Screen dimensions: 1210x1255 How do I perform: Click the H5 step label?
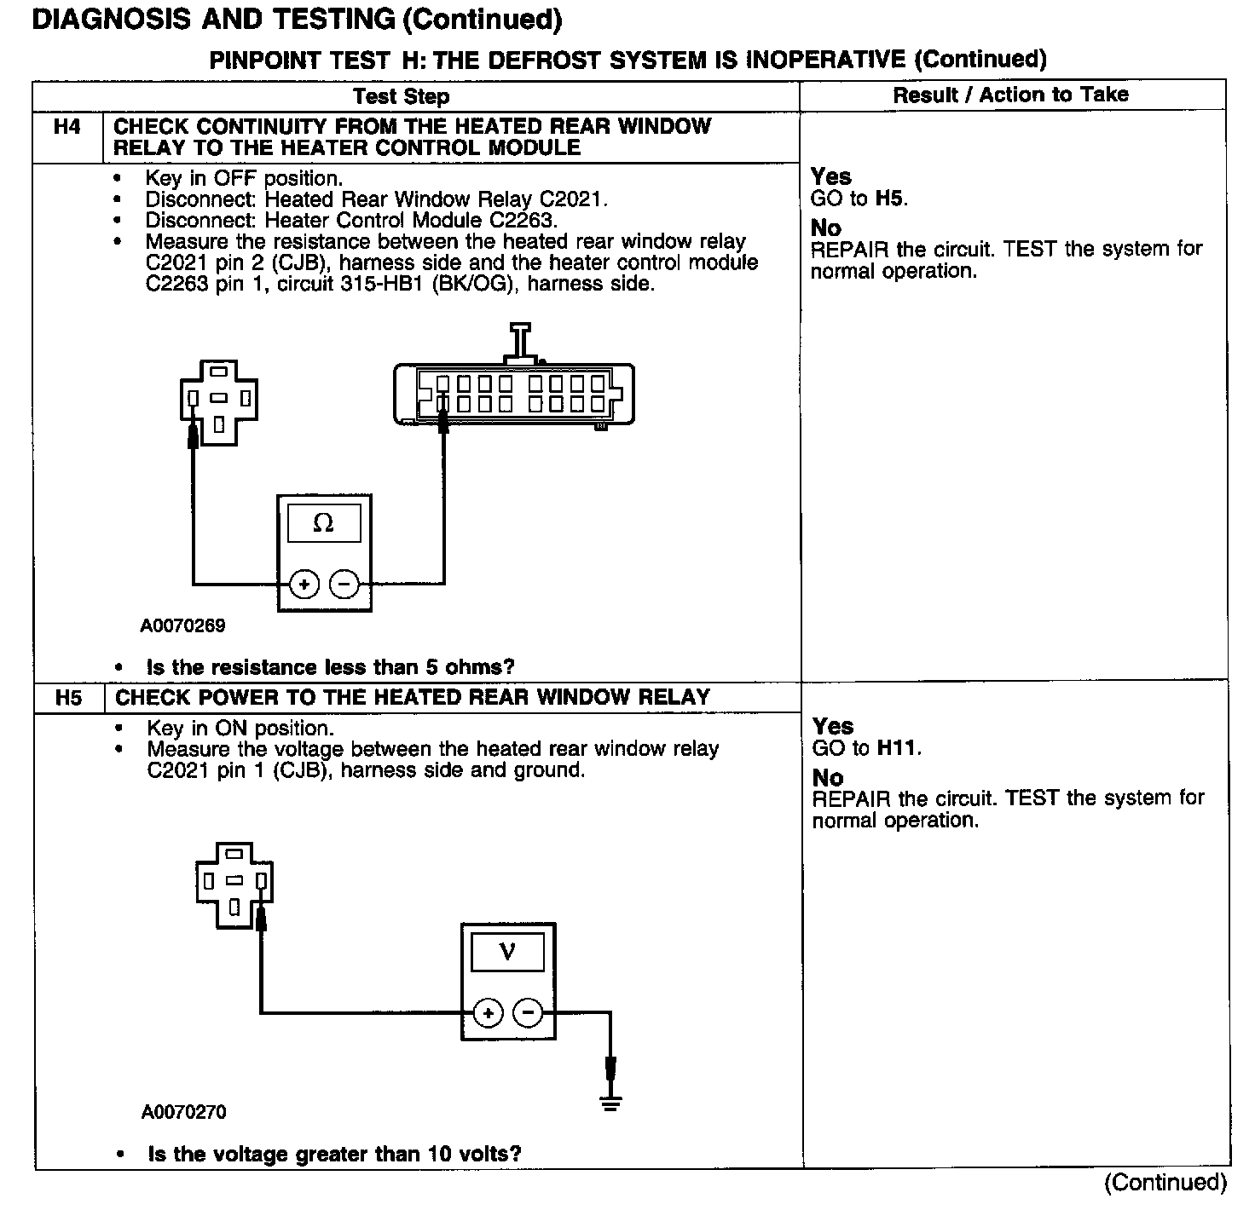68,698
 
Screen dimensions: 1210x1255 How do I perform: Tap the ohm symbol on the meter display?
323,523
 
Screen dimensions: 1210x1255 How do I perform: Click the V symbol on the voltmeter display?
507,951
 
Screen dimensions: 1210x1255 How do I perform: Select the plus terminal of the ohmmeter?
304,585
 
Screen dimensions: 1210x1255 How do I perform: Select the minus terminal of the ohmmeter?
344,585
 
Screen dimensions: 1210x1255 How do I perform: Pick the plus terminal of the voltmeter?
489,1013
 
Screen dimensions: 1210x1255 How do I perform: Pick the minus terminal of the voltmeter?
529,1013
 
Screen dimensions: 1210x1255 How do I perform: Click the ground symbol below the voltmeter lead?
610,1103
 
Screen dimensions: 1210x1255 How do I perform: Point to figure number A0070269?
182,626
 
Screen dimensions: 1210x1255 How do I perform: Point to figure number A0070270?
184,1112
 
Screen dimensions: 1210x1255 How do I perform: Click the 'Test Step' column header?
401,96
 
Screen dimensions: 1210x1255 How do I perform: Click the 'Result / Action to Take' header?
1010,95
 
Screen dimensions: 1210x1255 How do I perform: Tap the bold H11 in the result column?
898,748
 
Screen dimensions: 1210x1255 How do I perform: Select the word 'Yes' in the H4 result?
830,177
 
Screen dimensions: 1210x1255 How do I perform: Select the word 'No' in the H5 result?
827,778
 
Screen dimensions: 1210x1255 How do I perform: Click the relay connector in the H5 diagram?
234,883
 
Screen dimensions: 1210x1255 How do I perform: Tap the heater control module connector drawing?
513,394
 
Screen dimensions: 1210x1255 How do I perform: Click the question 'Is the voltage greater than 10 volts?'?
334,1155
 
